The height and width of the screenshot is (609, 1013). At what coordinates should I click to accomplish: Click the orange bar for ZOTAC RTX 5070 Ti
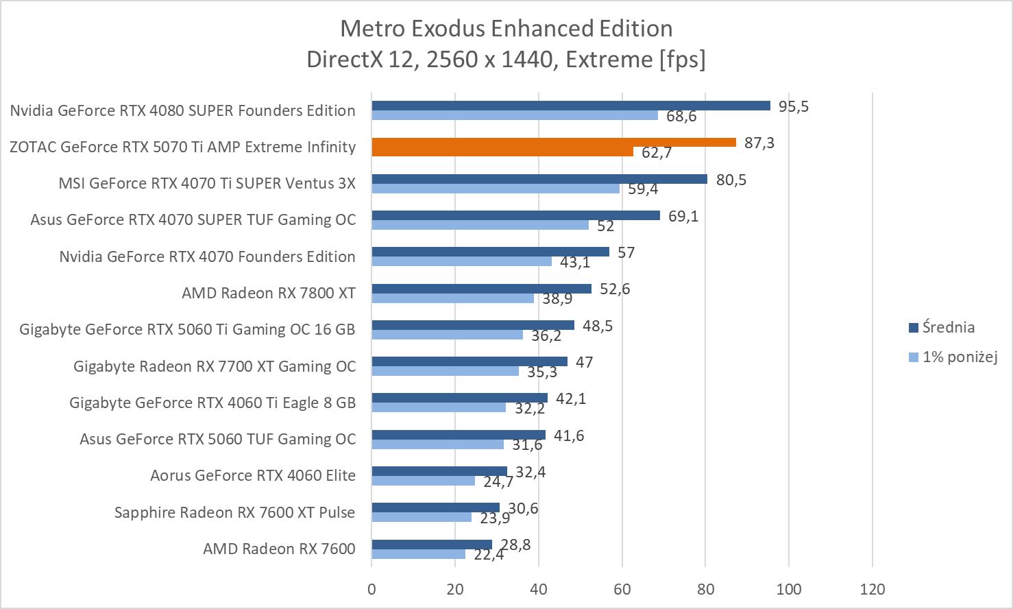coord(554,143)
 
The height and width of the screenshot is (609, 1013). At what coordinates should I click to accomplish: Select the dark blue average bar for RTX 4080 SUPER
coord(571,106)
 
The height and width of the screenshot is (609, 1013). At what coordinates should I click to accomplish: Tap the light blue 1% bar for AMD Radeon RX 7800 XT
coord(452,298)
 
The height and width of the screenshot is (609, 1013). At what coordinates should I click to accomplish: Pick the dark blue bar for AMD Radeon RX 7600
coord(432,545)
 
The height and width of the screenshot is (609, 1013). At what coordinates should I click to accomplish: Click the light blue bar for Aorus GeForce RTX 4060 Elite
coord(423,481)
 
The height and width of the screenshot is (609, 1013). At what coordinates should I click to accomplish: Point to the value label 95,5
coord(794,106)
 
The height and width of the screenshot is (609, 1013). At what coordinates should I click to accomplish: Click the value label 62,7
coord(657,152)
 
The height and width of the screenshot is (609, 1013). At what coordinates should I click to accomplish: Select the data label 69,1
coord(683,216)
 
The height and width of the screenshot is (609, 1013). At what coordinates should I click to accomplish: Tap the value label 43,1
coord(575,262)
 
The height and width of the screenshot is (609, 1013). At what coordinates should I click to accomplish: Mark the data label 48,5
coord(598,326)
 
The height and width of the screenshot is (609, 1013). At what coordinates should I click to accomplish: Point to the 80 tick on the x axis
coord(705,589)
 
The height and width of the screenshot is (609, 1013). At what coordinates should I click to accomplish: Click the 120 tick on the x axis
coord(872,589)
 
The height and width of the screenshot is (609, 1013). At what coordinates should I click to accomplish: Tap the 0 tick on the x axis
coord(371,589)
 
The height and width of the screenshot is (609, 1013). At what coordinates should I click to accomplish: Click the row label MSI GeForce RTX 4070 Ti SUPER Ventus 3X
coord(207,184)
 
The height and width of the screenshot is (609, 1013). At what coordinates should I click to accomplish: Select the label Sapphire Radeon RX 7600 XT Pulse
coord(234,512)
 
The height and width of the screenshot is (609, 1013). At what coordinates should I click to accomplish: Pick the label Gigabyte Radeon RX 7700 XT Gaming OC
coord(215,366)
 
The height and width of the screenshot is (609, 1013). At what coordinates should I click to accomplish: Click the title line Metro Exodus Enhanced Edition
coord(506,28)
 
